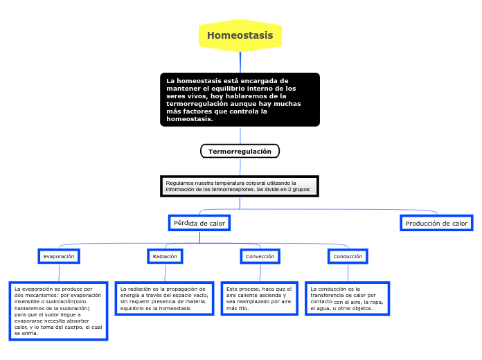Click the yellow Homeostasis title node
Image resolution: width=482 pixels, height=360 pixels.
coord(240,35)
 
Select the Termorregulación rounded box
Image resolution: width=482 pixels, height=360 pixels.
coord(240,151)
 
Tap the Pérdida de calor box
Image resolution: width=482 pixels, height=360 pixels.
coord(199,223)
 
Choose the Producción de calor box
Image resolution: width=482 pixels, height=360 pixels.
coord(436,223)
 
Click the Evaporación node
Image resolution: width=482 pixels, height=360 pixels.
coord(59,256)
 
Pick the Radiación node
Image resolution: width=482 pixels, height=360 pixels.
coord(165,256)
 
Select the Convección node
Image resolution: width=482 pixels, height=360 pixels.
coord(260,256)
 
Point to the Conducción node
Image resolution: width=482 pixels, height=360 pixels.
coord(348,256)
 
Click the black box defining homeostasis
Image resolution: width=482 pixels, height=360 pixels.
coord(240,100)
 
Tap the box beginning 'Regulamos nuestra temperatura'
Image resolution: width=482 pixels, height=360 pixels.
coord(240,186)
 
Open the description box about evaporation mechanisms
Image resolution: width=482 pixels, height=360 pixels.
coord(58,311)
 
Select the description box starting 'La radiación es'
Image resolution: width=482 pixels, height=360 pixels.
coord(163,298)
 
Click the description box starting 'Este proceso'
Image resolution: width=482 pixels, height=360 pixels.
coord(259,298)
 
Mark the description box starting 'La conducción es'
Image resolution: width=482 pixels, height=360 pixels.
coord(347,298)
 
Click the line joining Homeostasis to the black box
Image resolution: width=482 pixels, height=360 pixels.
coord(240,62)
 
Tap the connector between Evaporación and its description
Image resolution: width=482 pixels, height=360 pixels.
coord(59,273)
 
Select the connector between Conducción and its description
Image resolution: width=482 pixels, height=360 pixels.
coord(348,273)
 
